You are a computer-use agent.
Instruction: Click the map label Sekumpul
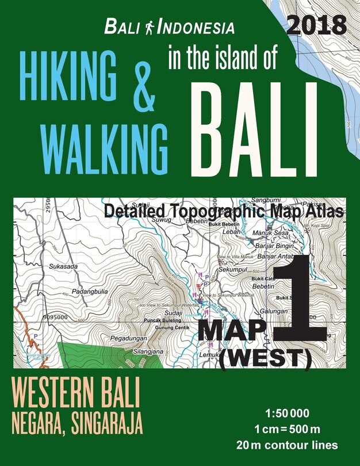click(233, 268)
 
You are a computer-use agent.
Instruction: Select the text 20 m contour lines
click(294, 444)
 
